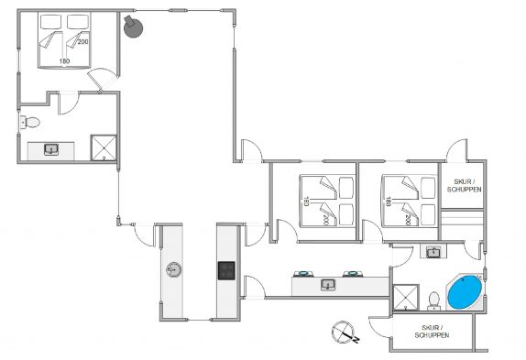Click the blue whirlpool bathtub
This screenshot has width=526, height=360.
pyautogui.click(x=465, y=292)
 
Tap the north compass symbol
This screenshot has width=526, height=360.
pyautogui.click(x=345, y=333)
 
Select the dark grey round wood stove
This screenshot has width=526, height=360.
pyautogui.click(x=133, y=26)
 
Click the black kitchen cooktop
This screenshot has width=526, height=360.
pyautogui.click(x=226, y=271)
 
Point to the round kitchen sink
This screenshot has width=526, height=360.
pyautogui.click(x=174, y=269)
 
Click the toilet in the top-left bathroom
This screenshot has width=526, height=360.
pyautogui.click(x=30, y=122)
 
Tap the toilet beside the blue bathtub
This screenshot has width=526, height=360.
pyautogui.click(x=434, y=301)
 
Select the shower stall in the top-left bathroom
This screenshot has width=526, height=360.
pyautogui.click(x=104, y=147)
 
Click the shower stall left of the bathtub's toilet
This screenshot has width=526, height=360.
pyautogui.click(x=406, y=298)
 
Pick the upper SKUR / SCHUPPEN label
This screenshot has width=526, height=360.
pyautogui.click(x=465, y=185)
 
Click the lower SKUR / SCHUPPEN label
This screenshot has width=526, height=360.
pyautogui.click(x=433, y=332)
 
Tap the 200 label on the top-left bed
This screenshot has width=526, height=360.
pyautogui.click(x=82, y=41)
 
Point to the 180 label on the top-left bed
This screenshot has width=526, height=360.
pyautogui.click(x=64, y=61)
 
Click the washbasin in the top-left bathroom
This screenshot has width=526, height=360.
pyautogui.click(x=51, y=149)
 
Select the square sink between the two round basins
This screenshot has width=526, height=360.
pyautogui.click(x=328, y=285)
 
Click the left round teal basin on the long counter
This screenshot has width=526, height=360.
pyautogui.click(x=303, y=274)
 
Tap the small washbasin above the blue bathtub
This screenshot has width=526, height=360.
pyautogui.click(x=433, y=252)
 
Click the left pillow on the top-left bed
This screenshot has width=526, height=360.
pyautogui.click(x=50, y=22)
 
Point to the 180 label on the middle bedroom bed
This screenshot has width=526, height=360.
pyautogui.click(x=306, y=201)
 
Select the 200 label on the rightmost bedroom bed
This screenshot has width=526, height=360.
pyautogui.click(x=408, y=220)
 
